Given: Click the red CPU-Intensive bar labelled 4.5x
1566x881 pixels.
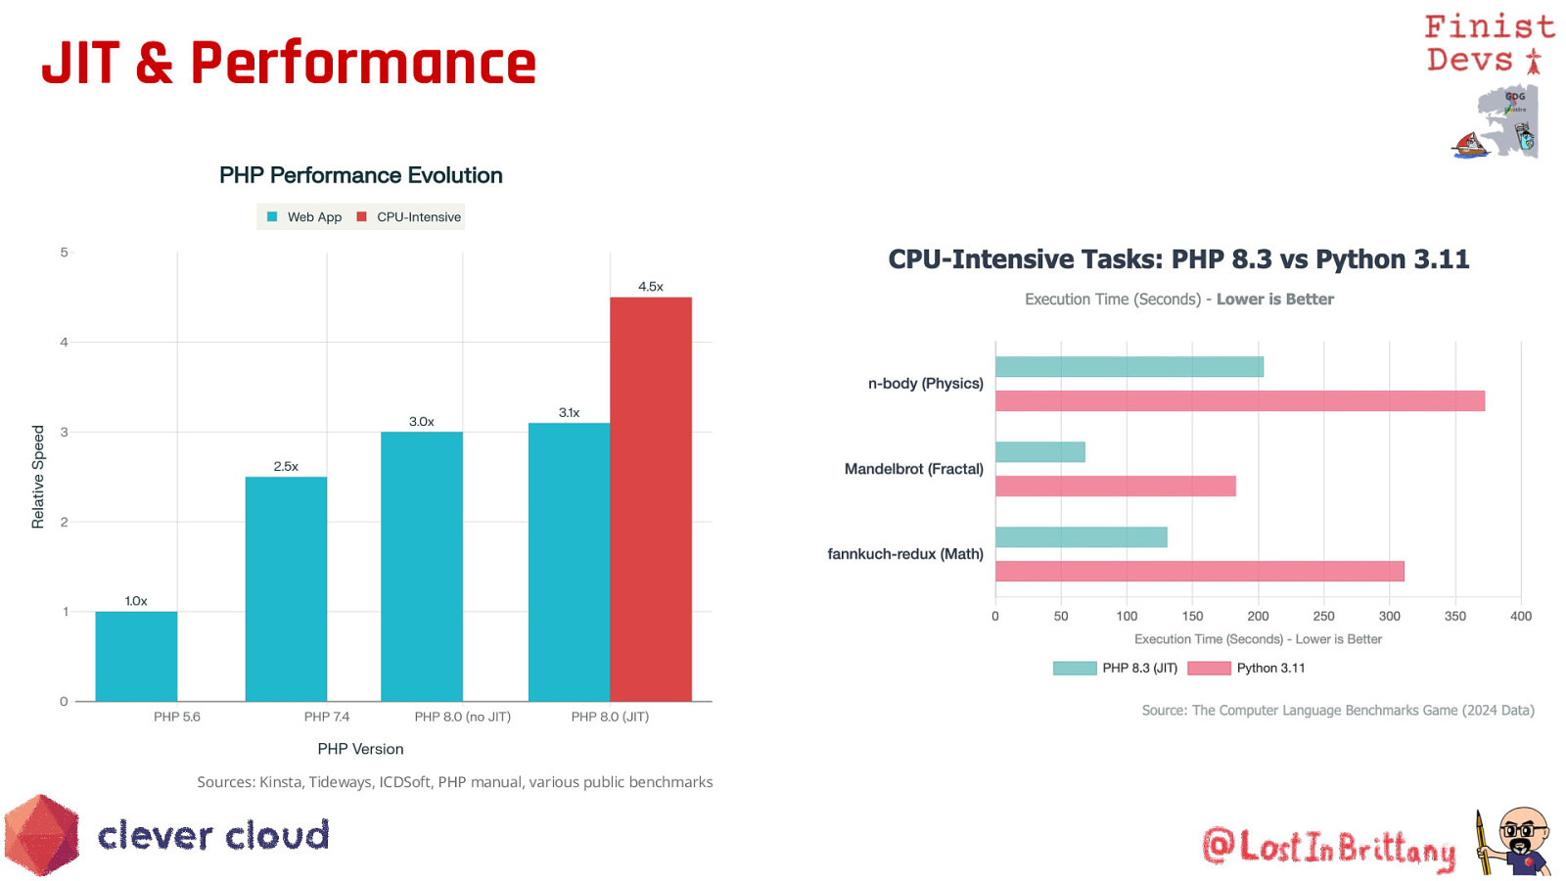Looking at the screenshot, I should coord(651,499).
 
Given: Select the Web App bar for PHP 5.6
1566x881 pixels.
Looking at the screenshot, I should coord(136,656).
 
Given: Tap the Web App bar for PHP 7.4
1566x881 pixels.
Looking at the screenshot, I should coord(286,588).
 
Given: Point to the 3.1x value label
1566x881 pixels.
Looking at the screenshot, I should coord(569,413).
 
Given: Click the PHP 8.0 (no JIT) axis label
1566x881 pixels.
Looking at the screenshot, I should coord(462,717).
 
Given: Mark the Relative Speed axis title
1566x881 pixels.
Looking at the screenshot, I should coord(38,477).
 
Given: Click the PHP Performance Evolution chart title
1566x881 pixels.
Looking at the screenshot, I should coord(360,175).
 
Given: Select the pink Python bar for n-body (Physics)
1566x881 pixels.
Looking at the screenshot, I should coord(1239,400).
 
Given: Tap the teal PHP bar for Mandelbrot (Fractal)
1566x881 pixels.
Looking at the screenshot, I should coord(1039,451).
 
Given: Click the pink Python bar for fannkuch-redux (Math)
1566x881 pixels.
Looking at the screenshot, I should coord(1199,571).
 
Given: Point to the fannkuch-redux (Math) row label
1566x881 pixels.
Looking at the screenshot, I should coord(905,554).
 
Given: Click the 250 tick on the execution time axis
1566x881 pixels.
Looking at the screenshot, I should coord(1323,616).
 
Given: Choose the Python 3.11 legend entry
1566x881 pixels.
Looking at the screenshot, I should coord(1247,668).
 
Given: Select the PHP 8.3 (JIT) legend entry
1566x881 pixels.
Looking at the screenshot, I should coord(1116,668).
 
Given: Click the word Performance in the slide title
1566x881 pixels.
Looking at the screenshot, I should coord(363,64).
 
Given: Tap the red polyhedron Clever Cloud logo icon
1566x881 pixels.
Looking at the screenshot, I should coord(41,835).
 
